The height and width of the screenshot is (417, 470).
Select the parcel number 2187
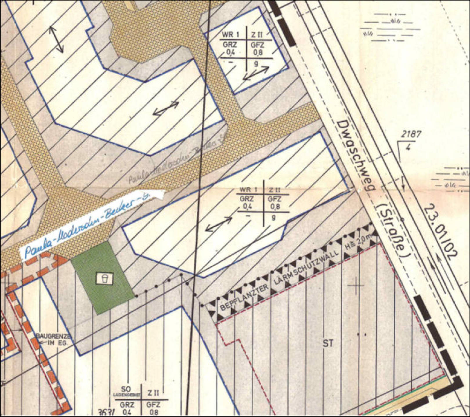[411, 134]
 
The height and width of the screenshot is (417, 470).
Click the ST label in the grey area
[328, 344]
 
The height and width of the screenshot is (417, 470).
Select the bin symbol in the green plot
[104, 278]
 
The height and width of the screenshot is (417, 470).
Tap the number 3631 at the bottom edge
[106, 412]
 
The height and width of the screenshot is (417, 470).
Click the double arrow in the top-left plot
[56, 39]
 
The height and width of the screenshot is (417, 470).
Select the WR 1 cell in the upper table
[231, 35]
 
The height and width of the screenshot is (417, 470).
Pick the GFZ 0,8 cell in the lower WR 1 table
[274, 203]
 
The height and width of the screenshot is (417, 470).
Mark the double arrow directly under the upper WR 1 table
[256, 73]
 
